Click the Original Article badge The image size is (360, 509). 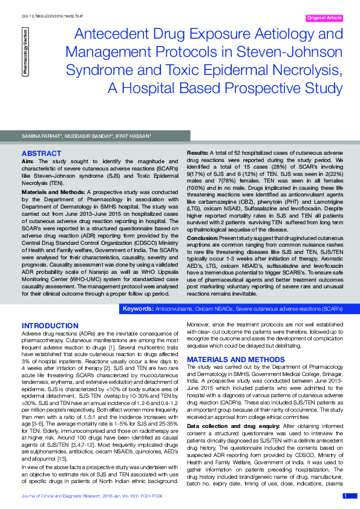click(x=324, y=18)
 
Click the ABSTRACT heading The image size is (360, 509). click(x=41, y=154)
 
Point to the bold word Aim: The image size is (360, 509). click(x=28, y=162)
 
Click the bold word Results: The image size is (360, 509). click(x=197, y=154)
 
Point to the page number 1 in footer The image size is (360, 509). click(x=345, y=496)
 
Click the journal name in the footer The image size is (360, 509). click(x=79, y=496)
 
